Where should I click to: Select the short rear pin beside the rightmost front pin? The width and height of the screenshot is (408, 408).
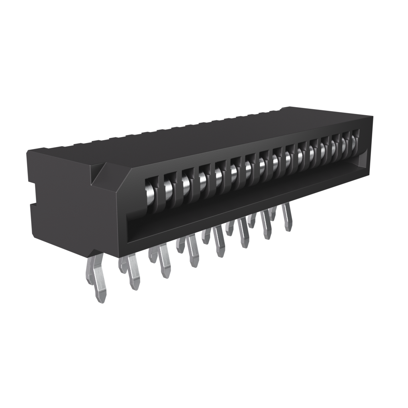(x=273, y=213)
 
